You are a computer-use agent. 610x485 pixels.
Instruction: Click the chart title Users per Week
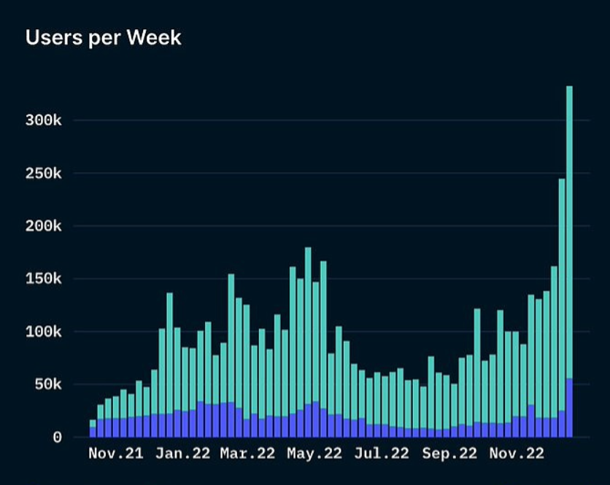(103, 38)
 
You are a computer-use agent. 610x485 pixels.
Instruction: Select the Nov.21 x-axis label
(115, 454)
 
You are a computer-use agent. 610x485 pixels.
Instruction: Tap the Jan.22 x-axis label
(182, 454)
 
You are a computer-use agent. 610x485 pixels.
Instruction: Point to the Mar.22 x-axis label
(248, 454)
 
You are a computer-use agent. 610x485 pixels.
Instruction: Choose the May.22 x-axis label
(314, 454)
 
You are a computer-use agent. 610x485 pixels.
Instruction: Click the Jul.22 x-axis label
(382, 454)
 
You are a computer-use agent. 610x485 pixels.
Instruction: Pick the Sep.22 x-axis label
(449, 454)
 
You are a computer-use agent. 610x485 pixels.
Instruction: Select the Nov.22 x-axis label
(517, 454)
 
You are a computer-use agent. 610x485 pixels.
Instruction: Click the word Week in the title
(155, 38)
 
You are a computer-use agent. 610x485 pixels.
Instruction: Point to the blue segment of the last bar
(569, 408)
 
